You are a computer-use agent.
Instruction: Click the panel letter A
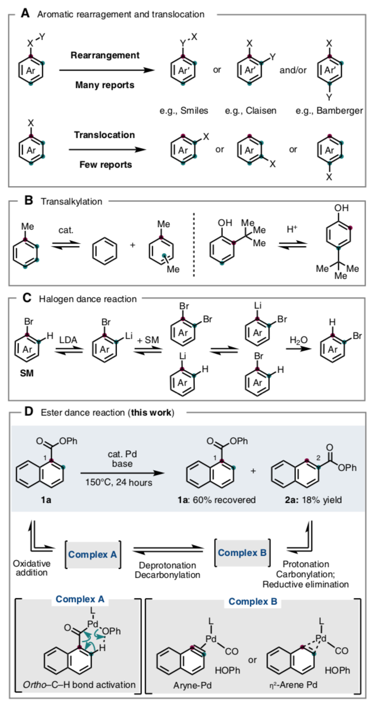coord(24,12)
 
